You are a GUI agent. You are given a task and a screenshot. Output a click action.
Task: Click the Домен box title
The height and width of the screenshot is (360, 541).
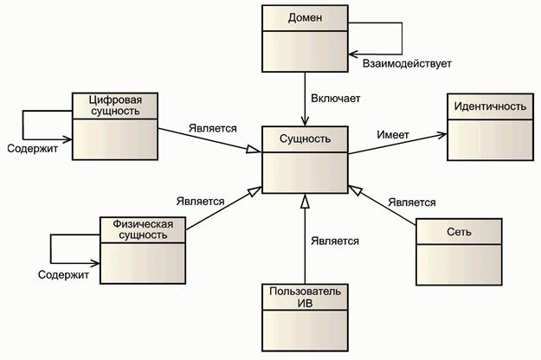305,18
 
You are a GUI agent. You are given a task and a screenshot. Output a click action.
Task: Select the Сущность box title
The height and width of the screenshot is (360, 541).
305,138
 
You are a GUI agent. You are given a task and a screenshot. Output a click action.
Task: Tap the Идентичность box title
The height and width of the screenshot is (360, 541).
487,106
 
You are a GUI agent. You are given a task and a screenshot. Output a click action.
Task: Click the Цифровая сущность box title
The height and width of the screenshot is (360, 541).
115,106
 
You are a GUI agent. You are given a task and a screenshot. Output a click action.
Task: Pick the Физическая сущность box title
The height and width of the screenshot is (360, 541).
143,230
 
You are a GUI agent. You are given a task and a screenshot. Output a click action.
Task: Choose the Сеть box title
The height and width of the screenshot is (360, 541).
459,233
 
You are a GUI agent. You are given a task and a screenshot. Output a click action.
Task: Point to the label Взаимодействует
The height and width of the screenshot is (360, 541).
401,64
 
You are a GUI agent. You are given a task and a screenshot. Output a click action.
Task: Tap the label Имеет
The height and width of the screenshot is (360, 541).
393,135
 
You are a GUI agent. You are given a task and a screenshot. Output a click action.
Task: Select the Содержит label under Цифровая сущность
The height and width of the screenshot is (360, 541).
33,148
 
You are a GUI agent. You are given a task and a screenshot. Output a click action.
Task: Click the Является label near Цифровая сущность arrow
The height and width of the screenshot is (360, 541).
212,128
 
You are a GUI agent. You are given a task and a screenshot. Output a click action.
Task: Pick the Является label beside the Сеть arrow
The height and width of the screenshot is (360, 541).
411,202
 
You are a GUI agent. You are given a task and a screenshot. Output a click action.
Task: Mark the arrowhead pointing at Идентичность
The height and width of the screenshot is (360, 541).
442,133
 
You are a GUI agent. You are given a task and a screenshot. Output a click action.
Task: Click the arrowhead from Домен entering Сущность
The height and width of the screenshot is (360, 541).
306,122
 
